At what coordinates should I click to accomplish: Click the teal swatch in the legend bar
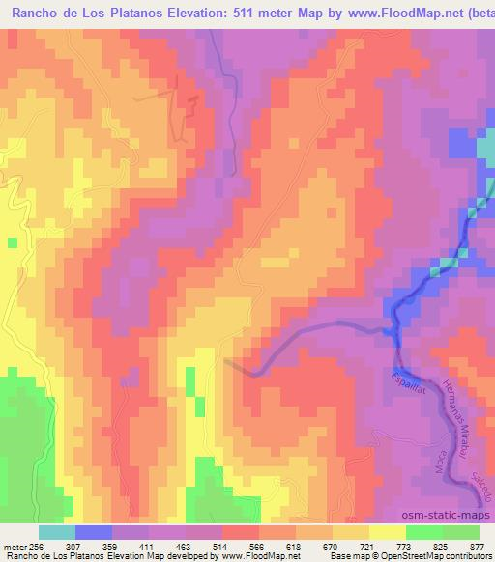click(57, 532)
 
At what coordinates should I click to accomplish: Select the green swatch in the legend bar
click(425, 532)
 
